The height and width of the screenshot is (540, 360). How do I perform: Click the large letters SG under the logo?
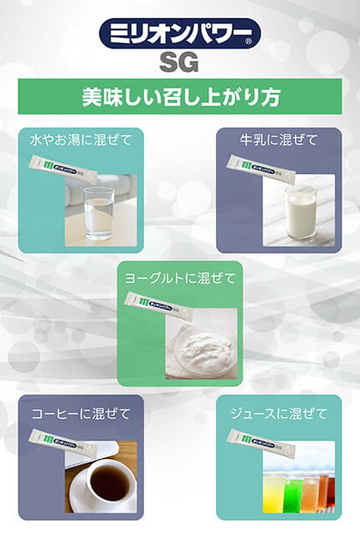(179, 63)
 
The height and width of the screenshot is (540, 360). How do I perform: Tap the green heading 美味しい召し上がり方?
(179, 96)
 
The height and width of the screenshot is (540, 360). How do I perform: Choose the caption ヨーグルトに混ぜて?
(179, 277)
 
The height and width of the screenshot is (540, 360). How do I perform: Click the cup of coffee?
(104, 482)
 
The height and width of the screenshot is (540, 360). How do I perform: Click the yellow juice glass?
(275, 490)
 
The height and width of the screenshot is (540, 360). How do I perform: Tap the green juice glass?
(298, 490)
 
